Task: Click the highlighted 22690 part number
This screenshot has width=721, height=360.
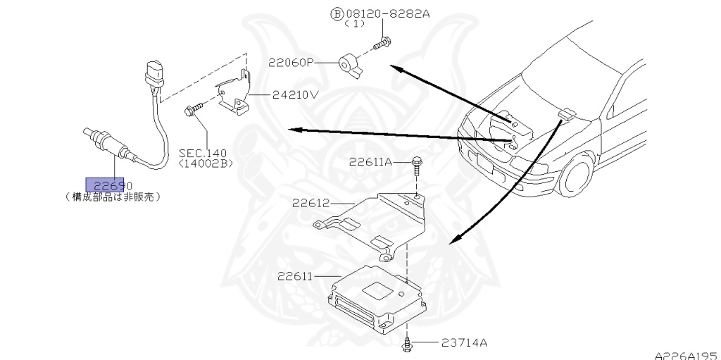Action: pyautogui.click(x=105, y=185)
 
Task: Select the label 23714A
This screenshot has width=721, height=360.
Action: pyautogui.click(x=465, y=343)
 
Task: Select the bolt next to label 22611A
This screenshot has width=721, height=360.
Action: pyautogui.click(x=417, y=167)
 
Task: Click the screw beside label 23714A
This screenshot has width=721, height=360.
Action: pyautogui.click(x=407, y=345)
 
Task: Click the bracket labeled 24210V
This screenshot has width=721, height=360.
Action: pyautogui.click(x=234, y=95)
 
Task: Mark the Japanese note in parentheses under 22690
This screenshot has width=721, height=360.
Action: pyautogui.click(x=113, y=197)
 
